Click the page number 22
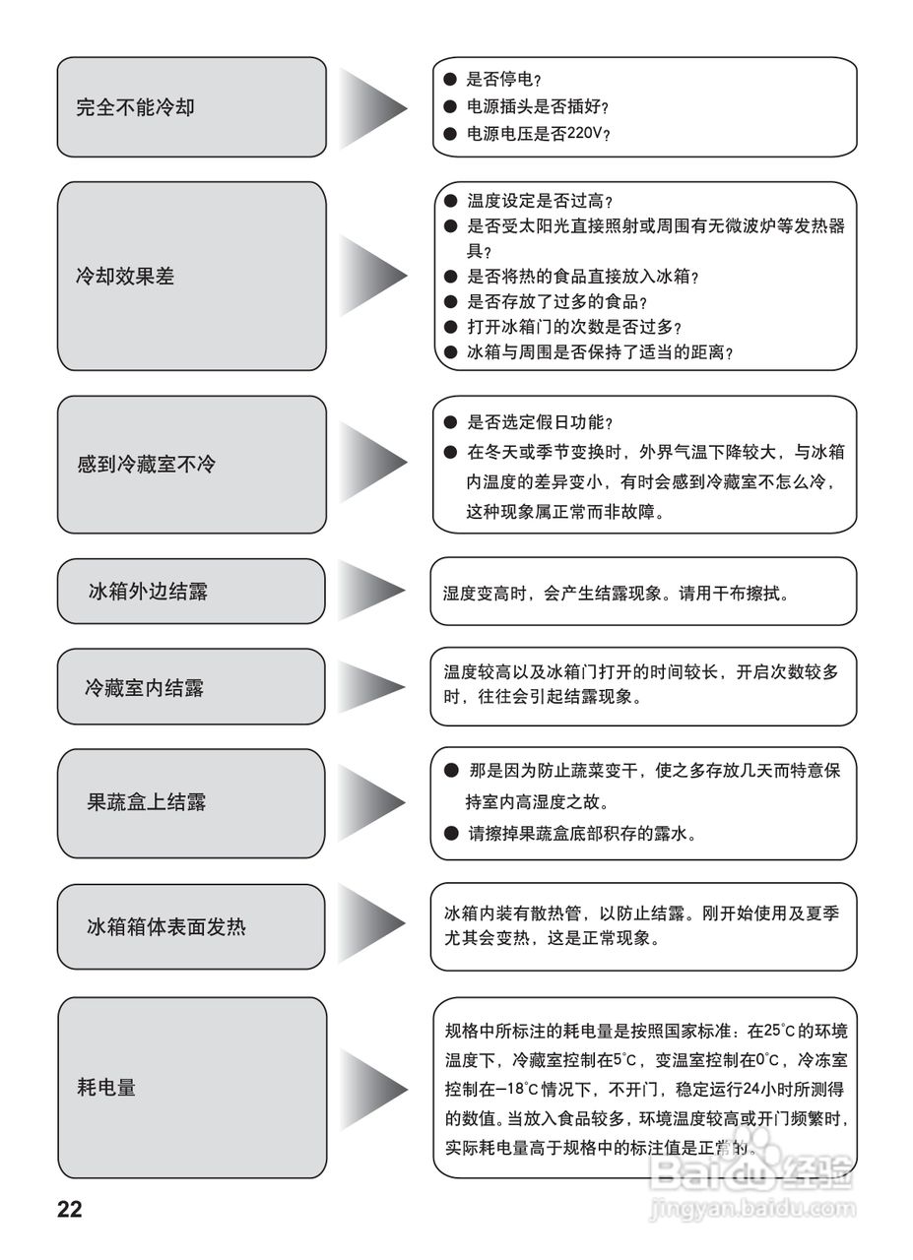[x=70, y=1210]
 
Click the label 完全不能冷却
[x=135, y=107]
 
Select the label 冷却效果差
[x=125, y=277]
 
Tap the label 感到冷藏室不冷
[x=146, y=464]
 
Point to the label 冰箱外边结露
[x=148, y=592]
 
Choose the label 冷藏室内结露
[x=144, y=688]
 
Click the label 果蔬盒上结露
[x=146, y=802]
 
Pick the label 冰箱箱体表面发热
[x=166, y=926]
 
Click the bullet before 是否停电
[x=450, y=80]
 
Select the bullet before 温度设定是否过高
[x=450, y=201]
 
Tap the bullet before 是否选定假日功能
[x=450, y=422]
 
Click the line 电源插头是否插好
[x=538, y=106]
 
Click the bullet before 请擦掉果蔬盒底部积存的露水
[x=451, y=833]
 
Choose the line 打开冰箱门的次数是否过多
[x=574, y=327]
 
